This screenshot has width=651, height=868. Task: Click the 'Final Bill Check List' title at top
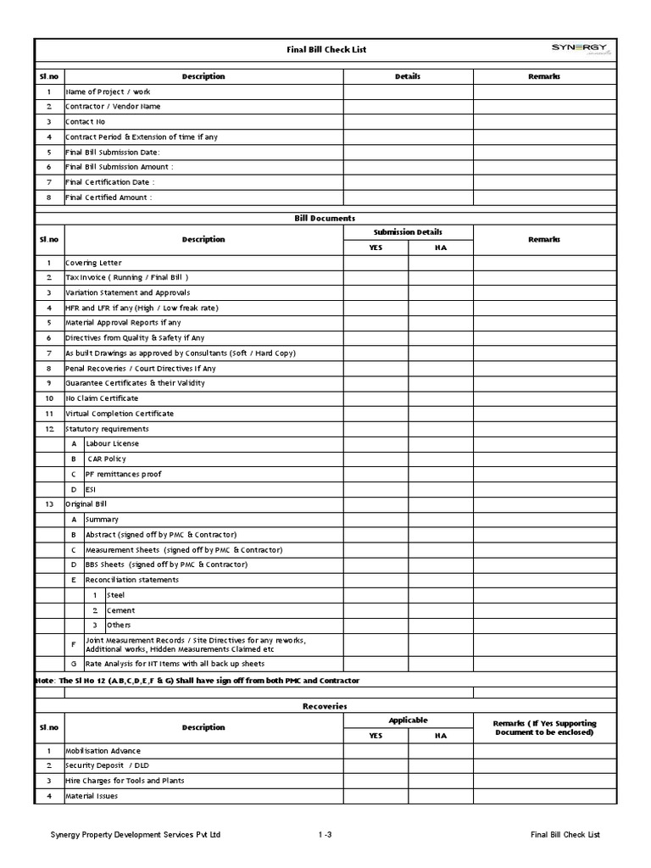point(326,50)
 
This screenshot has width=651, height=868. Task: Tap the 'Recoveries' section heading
point(325,706)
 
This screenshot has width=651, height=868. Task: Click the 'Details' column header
point(408,76)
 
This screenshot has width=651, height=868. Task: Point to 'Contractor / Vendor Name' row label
point(113,107)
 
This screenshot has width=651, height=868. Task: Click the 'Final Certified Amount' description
point(109,198)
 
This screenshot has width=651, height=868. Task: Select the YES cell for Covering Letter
point(376,263)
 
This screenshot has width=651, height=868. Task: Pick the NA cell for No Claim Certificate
point(441,398)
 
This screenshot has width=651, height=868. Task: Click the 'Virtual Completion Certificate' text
point(120,414)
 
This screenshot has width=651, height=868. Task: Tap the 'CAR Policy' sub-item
point(107,459)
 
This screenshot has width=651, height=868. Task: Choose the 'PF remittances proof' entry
point(124,474)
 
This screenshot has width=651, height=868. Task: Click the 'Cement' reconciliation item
point(120,610)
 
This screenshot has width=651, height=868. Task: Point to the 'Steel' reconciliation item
point(115,595)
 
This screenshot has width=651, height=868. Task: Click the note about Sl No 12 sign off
point(197,681)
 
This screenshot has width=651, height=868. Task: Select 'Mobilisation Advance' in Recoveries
point(103,751)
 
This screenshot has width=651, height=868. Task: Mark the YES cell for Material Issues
point(376,796)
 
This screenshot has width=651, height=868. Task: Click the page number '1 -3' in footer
point(325,835)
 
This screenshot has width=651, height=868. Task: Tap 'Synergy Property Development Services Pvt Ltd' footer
point(136,835)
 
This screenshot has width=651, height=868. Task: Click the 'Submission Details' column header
point(408,232)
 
